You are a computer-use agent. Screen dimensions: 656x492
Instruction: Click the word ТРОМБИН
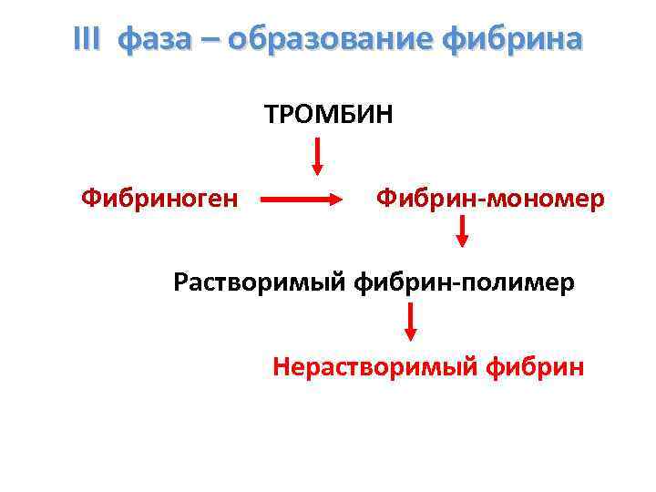tap(329, 116)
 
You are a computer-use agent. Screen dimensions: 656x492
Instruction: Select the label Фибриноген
tap(159, 198)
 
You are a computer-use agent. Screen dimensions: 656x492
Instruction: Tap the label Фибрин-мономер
tap(490, 198)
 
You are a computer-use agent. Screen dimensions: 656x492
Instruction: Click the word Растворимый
tap(257, 282)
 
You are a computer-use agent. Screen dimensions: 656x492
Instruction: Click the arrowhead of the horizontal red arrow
tap(334, 199)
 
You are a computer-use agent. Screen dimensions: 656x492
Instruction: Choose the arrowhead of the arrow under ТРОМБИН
tap(317, 169)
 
